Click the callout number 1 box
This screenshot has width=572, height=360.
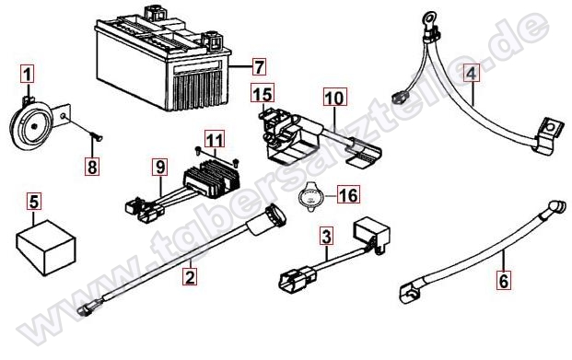point(27,74)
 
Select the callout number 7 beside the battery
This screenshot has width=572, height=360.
point(259,67)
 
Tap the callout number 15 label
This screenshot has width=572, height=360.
point(263,93)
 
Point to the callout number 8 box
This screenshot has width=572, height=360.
point(92,167)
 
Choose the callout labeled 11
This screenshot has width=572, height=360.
point(215,139)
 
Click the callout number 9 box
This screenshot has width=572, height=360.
point(160,167)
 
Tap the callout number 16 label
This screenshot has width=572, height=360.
point(348,194)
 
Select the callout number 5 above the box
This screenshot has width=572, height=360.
point(34,202)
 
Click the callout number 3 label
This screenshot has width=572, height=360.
point(326,236)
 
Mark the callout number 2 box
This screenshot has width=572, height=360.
point(190,276)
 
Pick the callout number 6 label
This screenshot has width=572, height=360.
point(504,281)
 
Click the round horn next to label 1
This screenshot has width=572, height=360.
point(31,124)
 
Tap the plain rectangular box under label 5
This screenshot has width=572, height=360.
point(46,248)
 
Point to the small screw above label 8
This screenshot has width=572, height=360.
point(97,137)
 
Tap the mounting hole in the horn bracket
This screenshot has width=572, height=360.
point(64,116)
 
